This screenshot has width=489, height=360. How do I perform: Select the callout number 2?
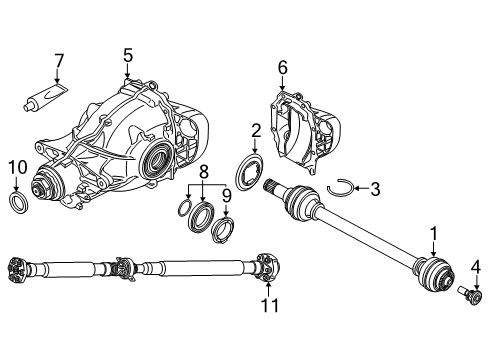(x=256, y=130)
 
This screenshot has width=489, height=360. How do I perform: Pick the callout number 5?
(x=127, y=56)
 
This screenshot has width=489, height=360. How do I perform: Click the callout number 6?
(x=282, y=67)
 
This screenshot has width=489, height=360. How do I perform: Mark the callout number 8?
(x=204, y=172)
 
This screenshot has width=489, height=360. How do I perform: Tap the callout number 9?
(x=226, y=196)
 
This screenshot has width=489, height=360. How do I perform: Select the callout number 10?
(x=15, y=166)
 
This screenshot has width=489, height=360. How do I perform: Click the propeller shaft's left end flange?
(x=16, y=267)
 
